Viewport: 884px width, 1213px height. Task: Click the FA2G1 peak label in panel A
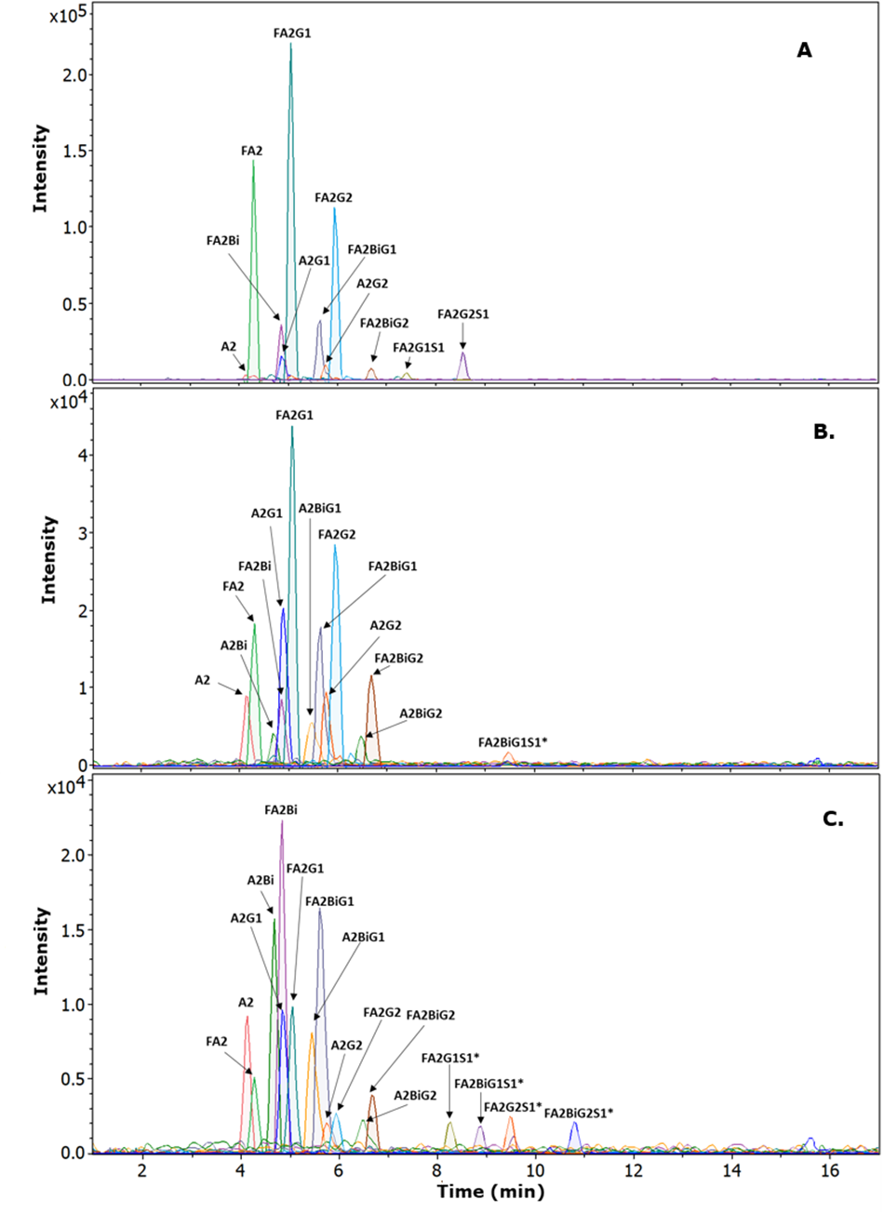291,33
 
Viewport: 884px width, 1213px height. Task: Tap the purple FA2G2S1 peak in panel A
462,367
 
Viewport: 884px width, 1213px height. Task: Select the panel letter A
804,50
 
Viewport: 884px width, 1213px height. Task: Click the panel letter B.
824,432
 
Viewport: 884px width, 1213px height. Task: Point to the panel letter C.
833,820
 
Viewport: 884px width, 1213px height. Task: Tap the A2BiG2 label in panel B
421,713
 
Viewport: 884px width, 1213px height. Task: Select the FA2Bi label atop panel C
281,809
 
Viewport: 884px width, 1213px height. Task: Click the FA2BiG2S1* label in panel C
579,1113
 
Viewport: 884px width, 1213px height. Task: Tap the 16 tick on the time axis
830,1170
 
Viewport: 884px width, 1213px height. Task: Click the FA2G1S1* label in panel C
451,1058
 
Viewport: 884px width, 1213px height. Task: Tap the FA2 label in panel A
252,148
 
